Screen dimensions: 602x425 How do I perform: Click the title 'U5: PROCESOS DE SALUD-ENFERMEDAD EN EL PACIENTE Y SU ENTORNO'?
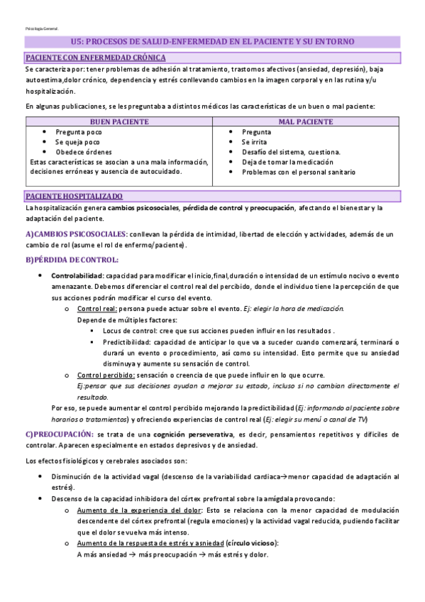click(x=212, y=43)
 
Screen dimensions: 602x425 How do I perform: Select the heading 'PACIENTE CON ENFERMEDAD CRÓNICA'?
click(x=95, y=57)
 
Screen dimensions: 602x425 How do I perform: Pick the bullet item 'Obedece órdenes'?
click(x=83, y=152)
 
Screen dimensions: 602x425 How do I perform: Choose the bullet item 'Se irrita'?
click(x=253, y=142)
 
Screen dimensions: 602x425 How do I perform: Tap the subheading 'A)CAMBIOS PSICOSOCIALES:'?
click(x=77, y=234)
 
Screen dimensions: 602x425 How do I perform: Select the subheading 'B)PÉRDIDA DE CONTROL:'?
click(x=72, y=260)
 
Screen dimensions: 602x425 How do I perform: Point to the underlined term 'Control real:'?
click(x=97, y=309)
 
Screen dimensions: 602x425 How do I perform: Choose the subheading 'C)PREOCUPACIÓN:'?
click(x=59, y=433)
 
